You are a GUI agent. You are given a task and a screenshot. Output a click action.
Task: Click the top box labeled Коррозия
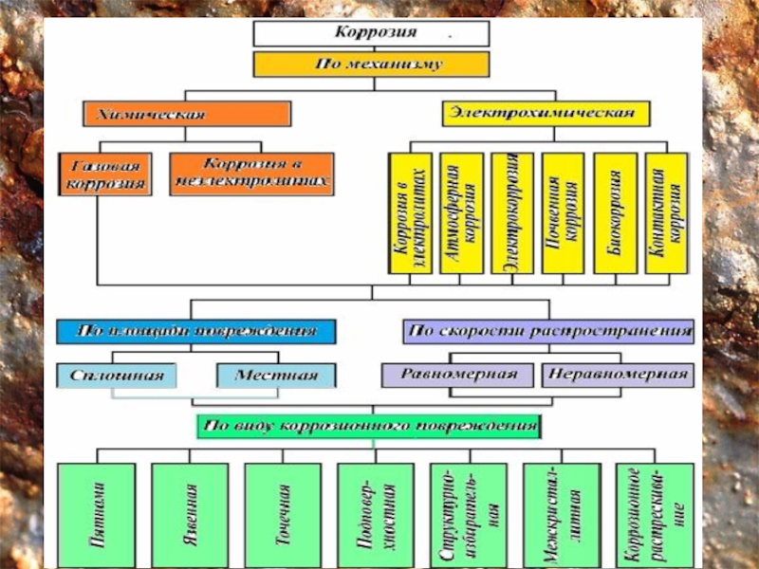[371, 33]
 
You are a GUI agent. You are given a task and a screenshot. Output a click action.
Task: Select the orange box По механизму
[371, 64]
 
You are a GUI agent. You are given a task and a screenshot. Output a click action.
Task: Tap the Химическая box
[186, 114]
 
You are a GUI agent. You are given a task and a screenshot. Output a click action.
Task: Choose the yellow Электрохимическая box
[546, 114]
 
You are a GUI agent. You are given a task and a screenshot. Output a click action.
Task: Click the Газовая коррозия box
[104, 174]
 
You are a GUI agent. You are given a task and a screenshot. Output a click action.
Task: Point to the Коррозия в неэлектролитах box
[252, 174]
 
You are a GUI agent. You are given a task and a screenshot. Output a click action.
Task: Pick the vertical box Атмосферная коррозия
[463, 213]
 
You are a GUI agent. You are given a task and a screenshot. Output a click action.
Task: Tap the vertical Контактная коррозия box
[668, 213]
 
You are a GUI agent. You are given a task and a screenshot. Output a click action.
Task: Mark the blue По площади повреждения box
[197, 332]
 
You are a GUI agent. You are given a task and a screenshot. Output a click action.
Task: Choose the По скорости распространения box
[547, 332]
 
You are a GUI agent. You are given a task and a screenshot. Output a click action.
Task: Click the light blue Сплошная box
[110, 376]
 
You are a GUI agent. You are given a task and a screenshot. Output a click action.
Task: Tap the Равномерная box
[458, 374]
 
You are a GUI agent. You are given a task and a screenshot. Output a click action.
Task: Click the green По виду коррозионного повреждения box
[370, 426]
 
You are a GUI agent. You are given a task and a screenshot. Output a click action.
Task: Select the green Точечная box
[283, 515]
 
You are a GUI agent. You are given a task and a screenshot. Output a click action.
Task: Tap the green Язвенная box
[190, 515]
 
